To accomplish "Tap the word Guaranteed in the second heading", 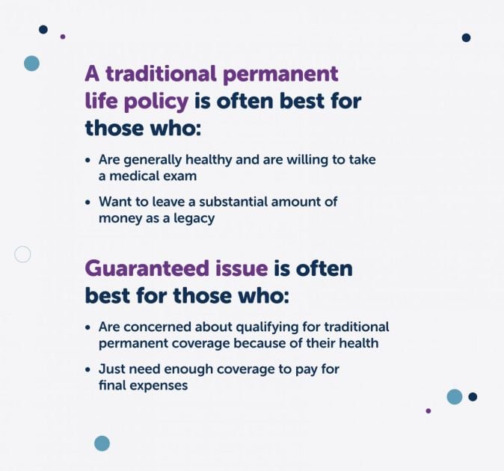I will point(138,268).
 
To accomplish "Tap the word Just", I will point(112,369).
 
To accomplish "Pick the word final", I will point(113,385).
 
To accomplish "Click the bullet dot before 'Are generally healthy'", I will point(88,160).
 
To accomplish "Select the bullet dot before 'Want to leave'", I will point(88,202).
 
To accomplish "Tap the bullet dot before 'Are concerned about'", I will point(88,327).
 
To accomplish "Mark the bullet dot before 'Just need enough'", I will point(88,369).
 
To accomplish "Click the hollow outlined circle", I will point(22,254).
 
